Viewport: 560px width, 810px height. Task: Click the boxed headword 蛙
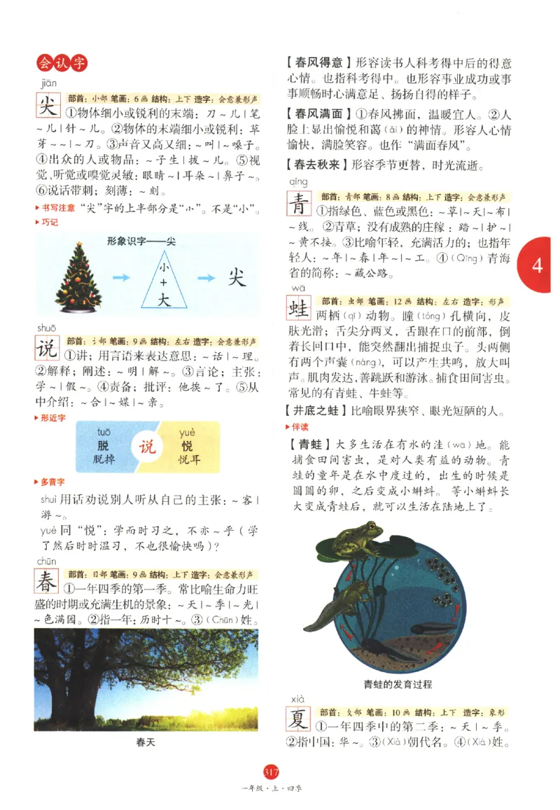pos(300,309)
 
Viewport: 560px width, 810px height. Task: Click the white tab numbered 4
pos(538,266)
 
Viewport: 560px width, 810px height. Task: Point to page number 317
pos(271,772)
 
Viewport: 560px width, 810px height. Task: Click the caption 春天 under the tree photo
pos(146,743)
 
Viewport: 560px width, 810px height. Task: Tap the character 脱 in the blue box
pos(104,446)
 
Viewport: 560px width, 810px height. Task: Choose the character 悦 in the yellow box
pos(187,446)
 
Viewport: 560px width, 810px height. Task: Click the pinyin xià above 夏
pos(295,699)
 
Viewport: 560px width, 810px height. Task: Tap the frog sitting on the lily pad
pos(354,538)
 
